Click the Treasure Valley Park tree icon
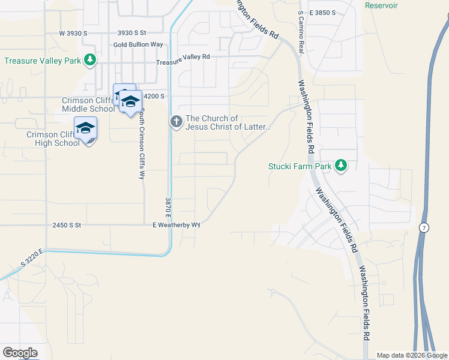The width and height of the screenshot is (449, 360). tap(90, 59)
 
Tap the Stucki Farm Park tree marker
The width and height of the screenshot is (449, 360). tap(341, 165)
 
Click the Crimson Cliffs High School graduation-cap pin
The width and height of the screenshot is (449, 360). tap(85, 128)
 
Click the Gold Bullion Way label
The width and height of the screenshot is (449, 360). tap(138, 45)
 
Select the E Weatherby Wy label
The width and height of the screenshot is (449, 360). tap(176, 225)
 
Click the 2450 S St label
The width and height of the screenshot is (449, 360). tap(66, 225)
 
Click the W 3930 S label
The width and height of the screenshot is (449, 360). tap(74, 33)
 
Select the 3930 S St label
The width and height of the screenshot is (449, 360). tap(132, 33)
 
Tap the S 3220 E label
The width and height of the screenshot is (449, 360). tap(32, 257)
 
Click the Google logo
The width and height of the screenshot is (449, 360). tap(20, 353)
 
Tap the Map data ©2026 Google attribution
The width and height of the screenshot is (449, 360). tap(412, 355)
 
